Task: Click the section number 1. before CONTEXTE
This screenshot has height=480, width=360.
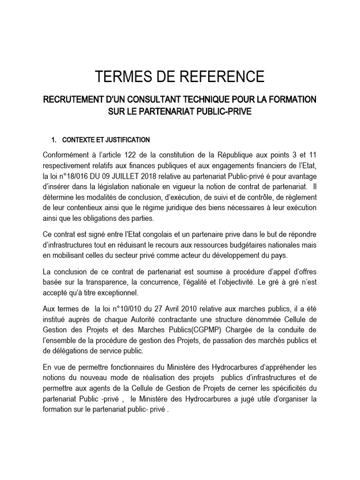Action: tap(53, 140)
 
